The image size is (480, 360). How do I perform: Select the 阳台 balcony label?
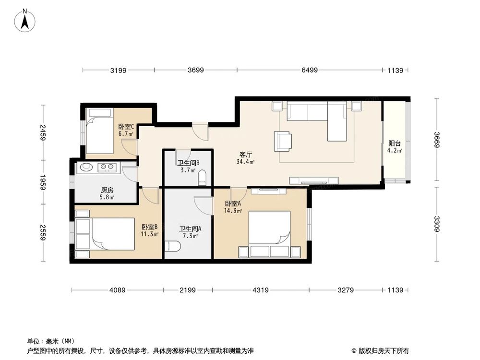(x=395, y=143)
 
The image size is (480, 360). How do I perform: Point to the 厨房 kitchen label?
(x=107, y=190)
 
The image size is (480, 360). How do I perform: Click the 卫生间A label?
(x=190, y=229)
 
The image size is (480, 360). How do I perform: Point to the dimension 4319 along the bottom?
(x=261, y=290)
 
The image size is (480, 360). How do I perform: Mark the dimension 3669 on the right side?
(x=437, y=141)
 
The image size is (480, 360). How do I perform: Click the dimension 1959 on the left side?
(x=43, y=181)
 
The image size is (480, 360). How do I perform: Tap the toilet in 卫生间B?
(x=202, y=178)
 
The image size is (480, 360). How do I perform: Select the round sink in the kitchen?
(x=87, y=168)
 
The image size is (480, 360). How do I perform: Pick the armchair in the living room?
(x=283, y=141)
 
